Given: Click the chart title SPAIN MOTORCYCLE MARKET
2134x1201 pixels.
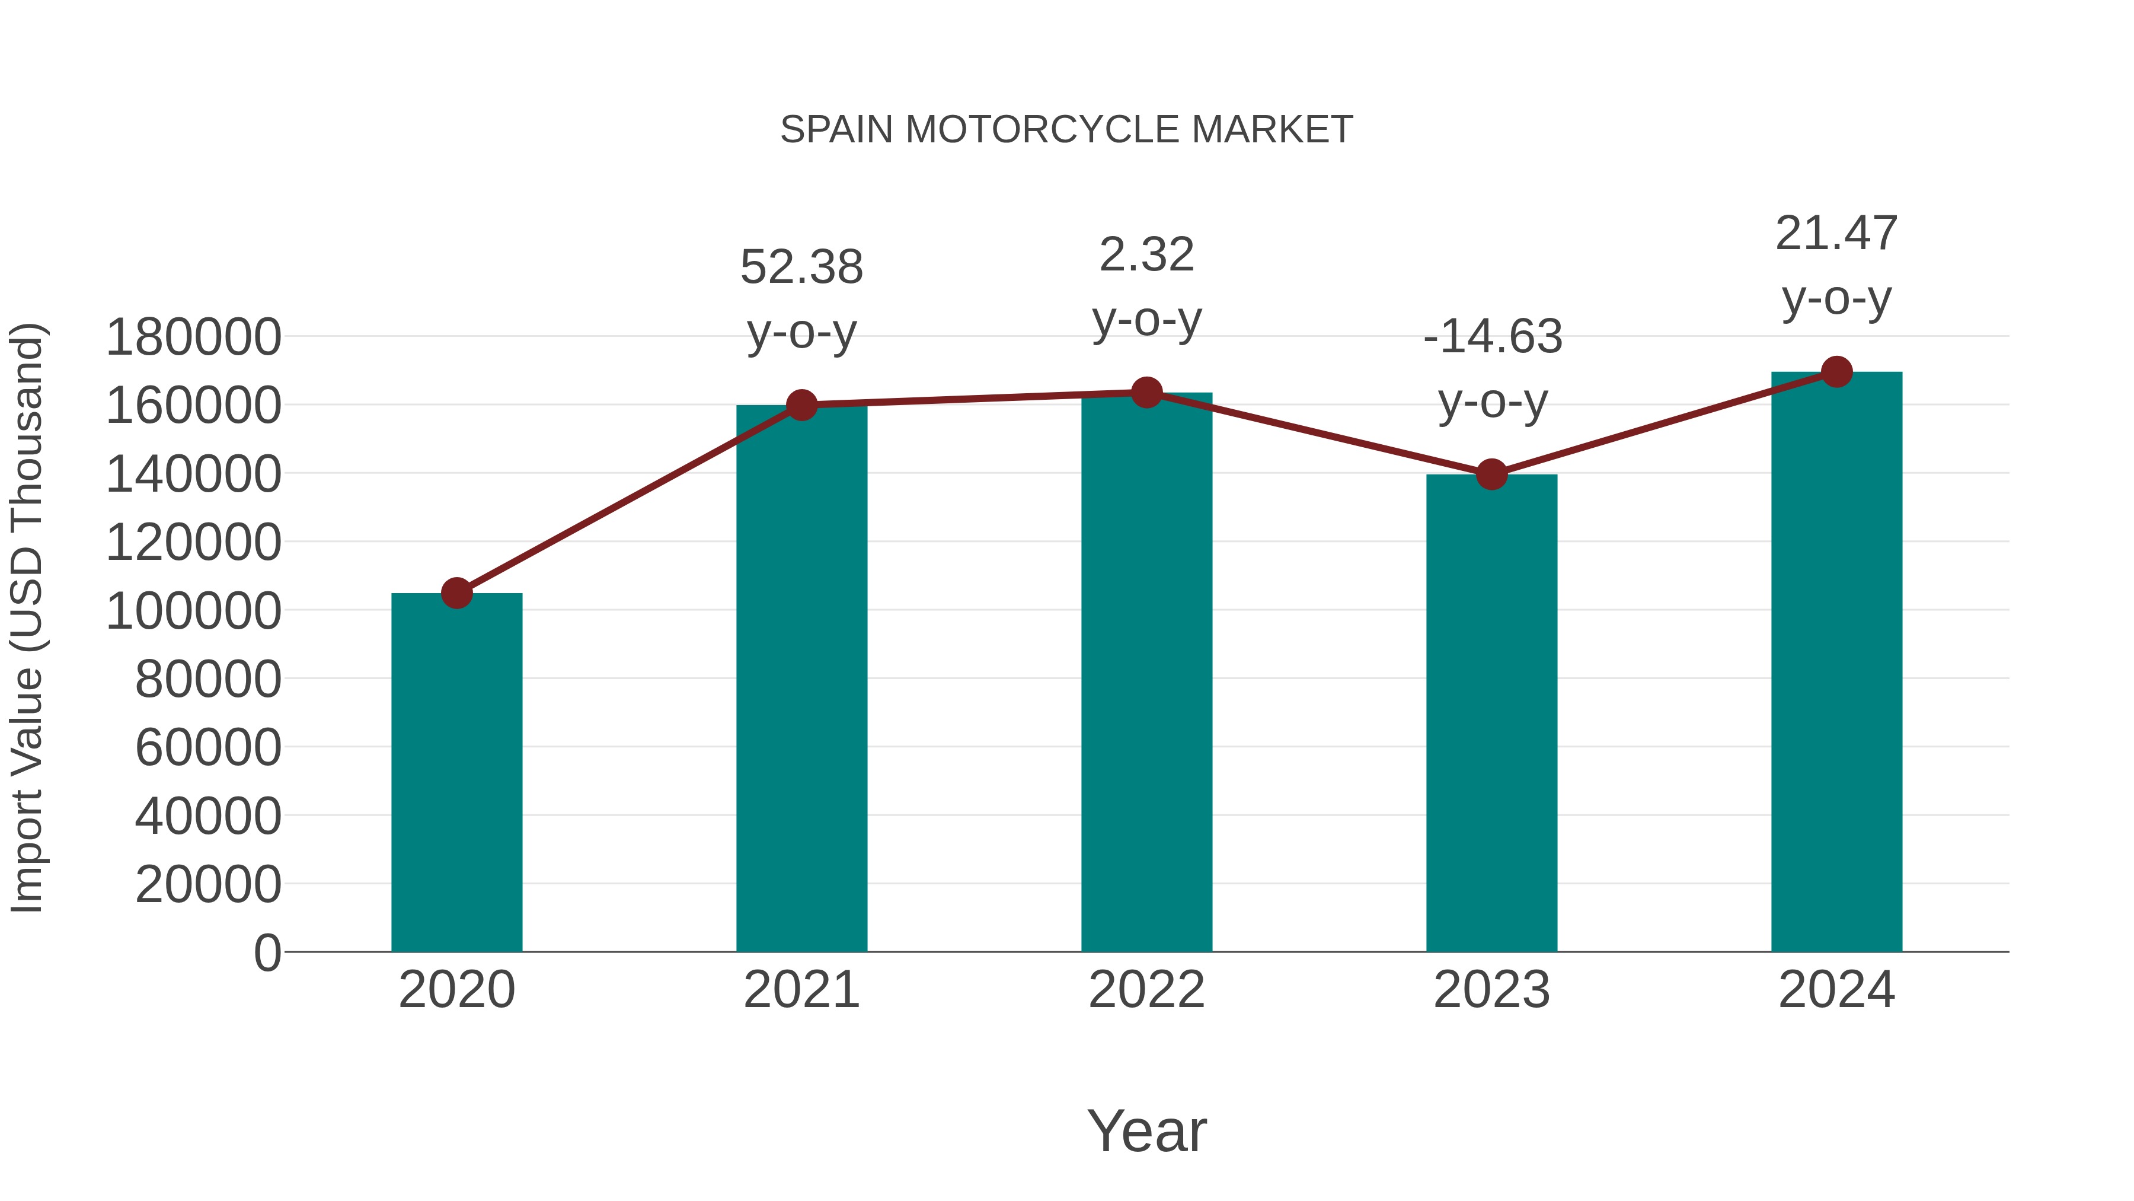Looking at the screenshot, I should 1066,130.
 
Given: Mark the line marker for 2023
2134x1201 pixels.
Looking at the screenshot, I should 1491,474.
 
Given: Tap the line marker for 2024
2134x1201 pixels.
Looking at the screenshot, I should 1836,372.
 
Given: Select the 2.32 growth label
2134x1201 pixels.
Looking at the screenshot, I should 1146,254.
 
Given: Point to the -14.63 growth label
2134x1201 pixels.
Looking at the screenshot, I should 1492,337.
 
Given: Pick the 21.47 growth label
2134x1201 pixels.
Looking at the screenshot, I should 1836,234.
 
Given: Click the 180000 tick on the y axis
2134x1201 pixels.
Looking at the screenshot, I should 193,337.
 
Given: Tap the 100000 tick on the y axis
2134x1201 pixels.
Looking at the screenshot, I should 193,611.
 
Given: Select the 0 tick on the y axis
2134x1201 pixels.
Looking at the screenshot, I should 267,952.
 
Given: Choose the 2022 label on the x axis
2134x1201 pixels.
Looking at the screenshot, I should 1146,990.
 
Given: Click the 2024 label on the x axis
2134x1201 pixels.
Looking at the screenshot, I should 1836,990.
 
